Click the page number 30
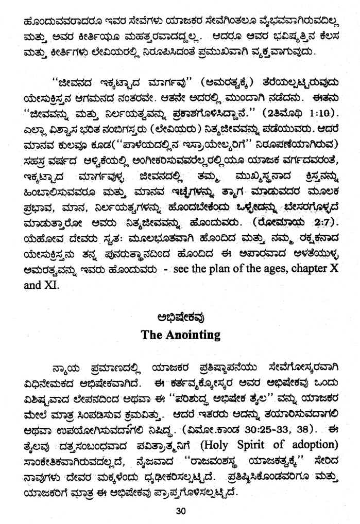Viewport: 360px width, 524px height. (x=180, y=511)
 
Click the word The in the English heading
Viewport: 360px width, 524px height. (x=152, y=335)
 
